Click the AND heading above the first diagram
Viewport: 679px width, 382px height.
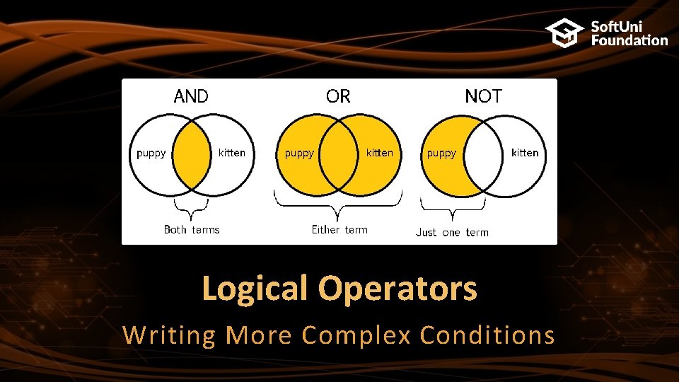(191, 96)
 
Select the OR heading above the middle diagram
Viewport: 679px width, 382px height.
(338, 96)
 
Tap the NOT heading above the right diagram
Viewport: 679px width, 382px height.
(483, 96)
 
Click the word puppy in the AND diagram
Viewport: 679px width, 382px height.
(151, 153)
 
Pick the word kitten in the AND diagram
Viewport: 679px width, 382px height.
(232, 152)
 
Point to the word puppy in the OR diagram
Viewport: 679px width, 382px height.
(298, 153)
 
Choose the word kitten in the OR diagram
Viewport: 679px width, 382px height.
(380, 152)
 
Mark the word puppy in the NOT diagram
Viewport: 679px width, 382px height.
(441, 153)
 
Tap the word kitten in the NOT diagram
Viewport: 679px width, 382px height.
(525, 152)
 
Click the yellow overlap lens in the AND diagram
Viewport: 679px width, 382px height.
(192, 156)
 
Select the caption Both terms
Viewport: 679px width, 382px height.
(192, 229)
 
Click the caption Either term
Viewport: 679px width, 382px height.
(339, 229)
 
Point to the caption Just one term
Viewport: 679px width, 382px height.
(452, 232)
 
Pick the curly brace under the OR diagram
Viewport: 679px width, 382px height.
(338, 207)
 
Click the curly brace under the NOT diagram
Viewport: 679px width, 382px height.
(453, 209)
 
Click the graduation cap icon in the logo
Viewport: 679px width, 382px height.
(564, 33)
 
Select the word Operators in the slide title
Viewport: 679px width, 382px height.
(407, 289)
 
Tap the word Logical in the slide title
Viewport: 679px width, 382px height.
(255, 289)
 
